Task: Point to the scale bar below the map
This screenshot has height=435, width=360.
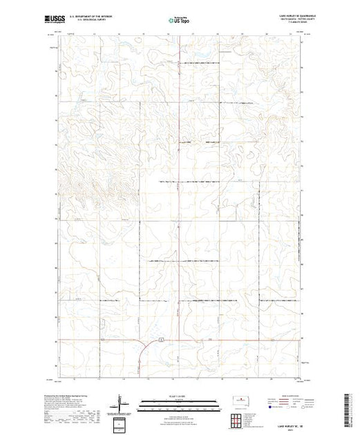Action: [x=180, y=405]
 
